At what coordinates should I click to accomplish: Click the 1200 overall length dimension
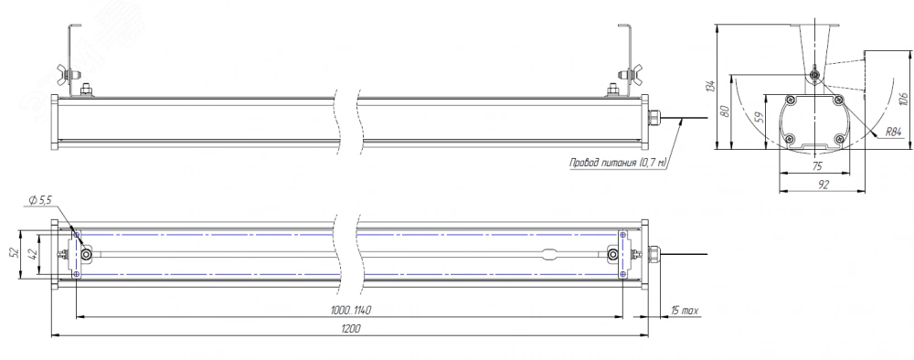click(351, 329)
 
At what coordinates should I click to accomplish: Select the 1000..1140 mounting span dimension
click(351, 311)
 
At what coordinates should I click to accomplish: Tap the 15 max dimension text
click(685, 311)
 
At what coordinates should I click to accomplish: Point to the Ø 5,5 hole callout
click(39, 200)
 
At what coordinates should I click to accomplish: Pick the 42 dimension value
click(33, 253)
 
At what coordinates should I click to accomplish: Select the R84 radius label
click(893, 132)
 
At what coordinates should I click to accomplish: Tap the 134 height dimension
click(709, 86)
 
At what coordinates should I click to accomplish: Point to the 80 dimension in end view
click(725, 111)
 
